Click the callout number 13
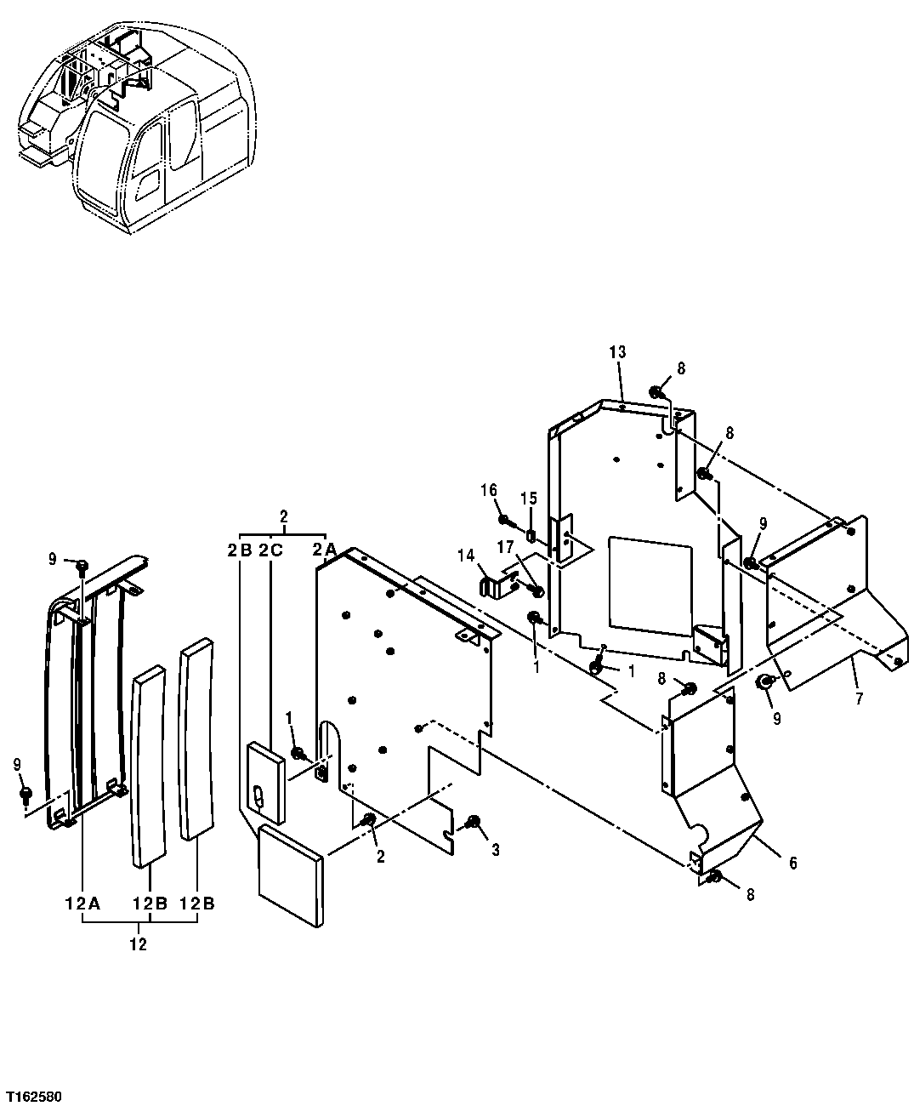[x=617, y=352]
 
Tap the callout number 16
[x=489, y=490]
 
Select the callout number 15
[x=529, y=497]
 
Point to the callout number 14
[x=465, y=556]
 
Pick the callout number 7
[x=859, y=699]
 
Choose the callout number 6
[x=792, y=862]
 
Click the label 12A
[x=82, y=903]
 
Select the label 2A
[x=324, y=550]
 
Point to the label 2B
[x=239, y=550]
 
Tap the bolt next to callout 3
[x=473, y=822]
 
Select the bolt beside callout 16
[x=505, y=520]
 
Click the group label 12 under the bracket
[x=138, y=944]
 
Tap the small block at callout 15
[x=529, y=536]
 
